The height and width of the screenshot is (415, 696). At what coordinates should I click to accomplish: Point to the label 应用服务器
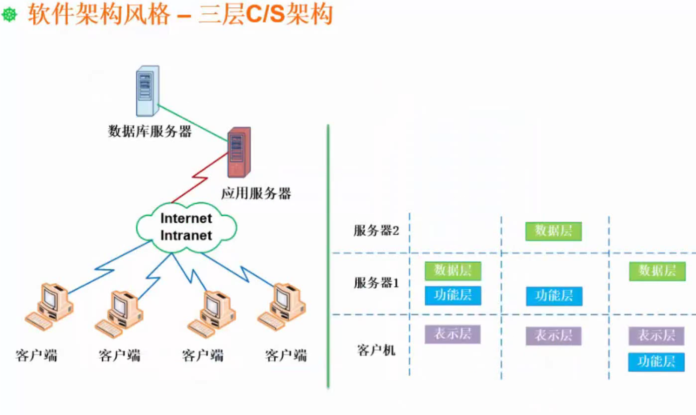(256, 193)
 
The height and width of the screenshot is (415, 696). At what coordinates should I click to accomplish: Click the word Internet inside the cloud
(187, 218)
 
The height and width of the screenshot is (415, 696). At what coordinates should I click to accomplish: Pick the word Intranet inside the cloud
(187, 235)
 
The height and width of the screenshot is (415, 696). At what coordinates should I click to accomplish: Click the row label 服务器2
(377, 231)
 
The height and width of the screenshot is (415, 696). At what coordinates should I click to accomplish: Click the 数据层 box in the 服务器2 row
(553, 231)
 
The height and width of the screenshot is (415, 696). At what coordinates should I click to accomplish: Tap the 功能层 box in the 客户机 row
(656, 362)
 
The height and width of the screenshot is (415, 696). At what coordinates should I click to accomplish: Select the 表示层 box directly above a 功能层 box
(656, 336)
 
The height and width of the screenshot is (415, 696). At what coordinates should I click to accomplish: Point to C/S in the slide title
(265, 15)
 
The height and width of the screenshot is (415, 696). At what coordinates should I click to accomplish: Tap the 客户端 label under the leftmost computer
(36, 356)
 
